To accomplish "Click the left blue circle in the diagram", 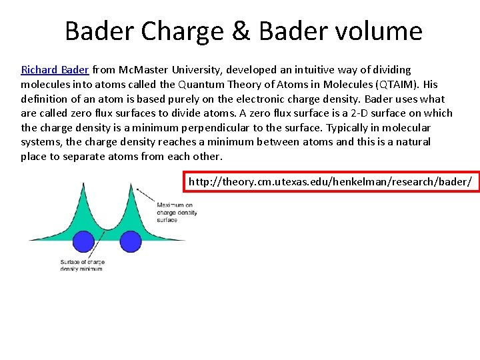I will coord(83,241).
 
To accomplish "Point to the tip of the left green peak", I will coord(83,184).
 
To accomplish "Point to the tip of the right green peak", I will coord(136,188).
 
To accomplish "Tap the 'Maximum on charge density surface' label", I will coord(176,212).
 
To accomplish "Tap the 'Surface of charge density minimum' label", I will coord(82,265).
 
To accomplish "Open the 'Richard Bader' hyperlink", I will coord(55,69).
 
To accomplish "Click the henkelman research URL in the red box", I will coord(331,181).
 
